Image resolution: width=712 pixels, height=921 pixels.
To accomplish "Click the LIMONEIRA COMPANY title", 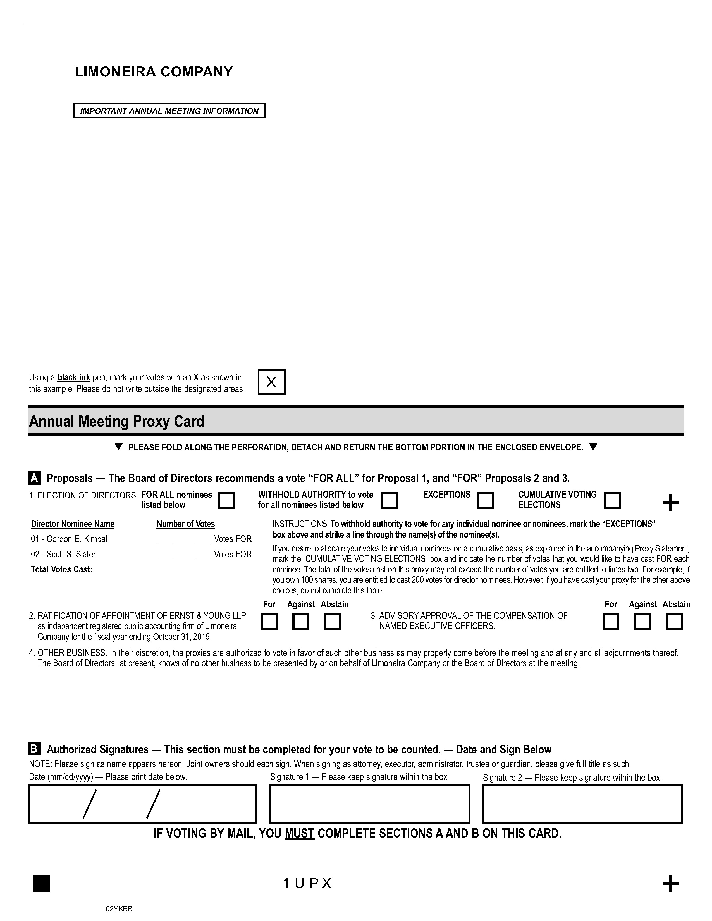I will (x=154, y=72).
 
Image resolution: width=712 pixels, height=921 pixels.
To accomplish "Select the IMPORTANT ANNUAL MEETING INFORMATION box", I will (x=169, y=111).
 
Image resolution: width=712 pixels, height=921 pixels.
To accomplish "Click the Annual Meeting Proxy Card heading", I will (x=116, y=421).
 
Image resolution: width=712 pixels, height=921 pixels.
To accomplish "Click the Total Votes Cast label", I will (x=62, y=569).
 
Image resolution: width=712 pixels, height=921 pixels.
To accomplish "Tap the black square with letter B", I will (x=34, y=749).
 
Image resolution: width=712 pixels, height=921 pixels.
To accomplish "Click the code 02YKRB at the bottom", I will (x=119, y=909).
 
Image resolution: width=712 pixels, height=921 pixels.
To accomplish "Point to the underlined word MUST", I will (x=300, y=833).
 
